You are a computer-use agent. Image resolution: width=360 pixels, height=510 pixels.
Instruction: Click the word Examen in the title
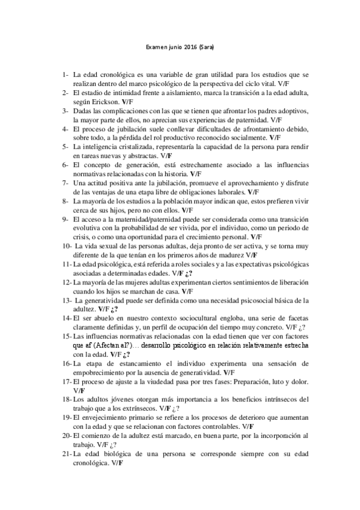[x=157, y=46]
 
